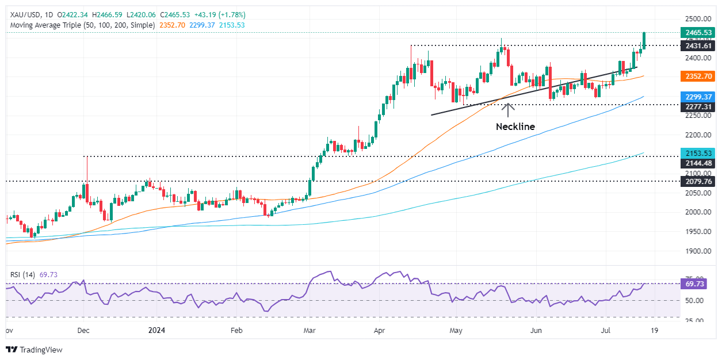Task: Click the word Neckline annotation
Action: (x=515, y=127)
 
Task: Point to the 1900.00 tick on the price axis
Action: (x=696, y=251)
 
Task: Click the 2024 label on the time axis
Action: (x=156, y=331)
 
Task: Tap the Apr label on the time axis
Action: (x=379, y=331)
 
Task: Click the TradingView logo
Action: (x=34, y=350)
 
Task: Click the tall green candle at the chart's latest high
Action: (x=644, y=40)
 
